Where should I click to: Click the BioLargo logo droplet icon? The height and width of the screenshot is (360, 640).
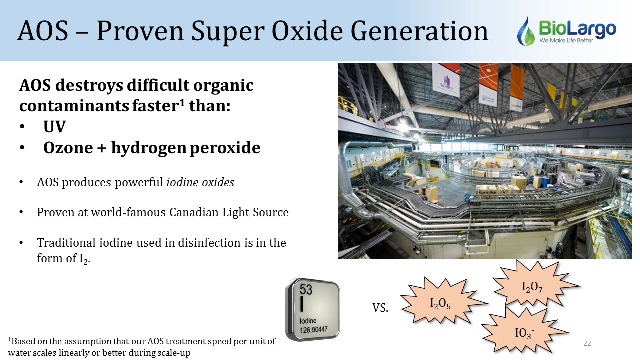coord(526,32)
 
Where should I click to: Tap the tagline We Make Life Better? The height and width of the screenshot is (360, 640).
coord(566,40)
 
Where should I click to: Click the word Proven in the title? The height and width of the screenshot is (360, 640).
coord(140,31)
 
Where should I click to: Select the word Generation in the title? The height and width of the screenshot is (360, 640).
coord(419,31)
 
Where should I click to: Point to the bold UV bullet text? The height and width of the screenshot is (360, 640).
coord(55,127)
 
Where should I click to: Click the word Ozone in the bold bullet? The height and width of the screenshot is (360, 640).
coord(68,148)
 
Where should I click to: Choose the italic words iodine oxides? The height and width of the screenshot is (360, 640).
coord(200,182)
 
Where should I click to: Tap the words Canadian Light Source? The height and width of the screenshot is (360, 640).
coord(229,212)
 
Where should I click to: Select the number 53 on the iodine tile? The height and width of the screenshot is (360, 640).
coord(306,289)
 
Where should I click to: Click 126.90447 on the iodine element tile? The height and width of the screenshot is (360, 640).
coord(313,330)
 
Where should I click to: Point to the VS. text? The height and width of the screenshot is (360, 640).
coord(380,308)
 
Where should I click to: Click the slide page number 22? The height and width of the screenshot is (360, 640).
coord(587,343)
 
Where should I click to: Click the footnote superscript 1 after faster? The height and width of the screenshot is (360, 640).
coord(182,101)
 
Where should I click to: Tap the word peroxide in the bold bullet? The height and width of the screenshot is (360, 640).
coord(225,148)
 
